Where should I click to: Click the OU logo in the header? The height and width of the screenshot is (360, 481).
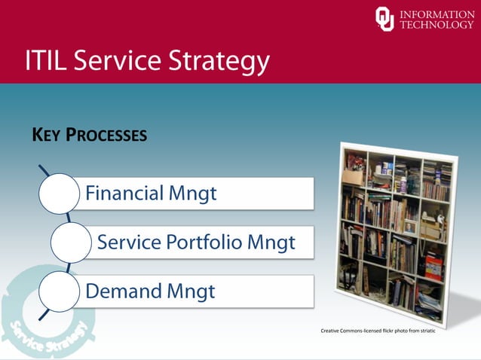point(384,19)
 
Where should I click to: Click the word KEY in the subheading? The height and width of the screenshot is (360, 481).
point(45,136)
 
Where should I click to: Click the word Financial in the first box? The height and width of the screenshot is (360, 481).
point(124,194)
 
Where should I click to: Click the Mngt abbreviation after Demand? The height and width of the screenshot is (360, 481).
point(191,291)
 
